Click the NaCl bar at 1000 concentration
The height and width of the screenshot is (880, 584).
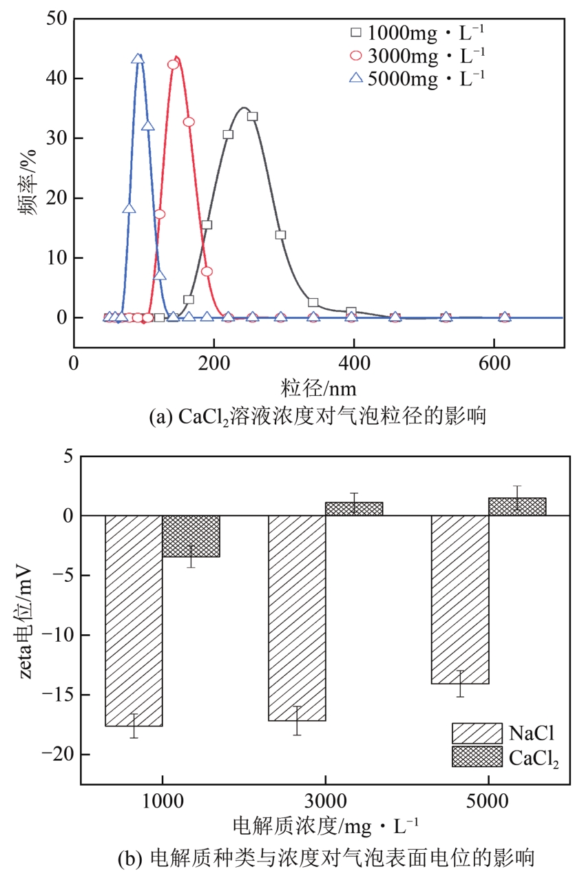click(x=134, y=620)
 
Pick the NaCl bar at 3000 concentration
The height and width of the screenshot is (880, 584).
click(x=297, y=618)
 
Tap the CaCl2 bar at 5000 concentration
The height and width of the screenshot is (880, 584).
click(x=517, y=507)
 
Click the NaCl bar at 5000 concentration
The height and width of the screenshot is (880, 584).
click(x=460, y=599)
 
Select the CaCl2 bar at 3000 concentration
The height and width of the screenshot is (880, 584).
click(x=354, y=509)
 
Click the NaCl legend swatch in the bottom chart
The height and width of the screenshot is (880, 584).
click(x=477, y=733)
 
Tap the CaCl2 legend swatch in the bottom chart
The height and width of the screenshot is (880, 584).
click(x=477, y=756)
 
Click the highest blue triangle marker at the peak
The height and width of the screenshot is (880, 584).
click(x=138, y=59)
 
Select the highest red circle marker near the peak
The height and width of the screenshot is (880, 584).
click(x=173, y=65)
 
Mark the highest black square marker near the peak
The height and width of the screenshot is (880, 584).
click(x=252, y=116)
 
